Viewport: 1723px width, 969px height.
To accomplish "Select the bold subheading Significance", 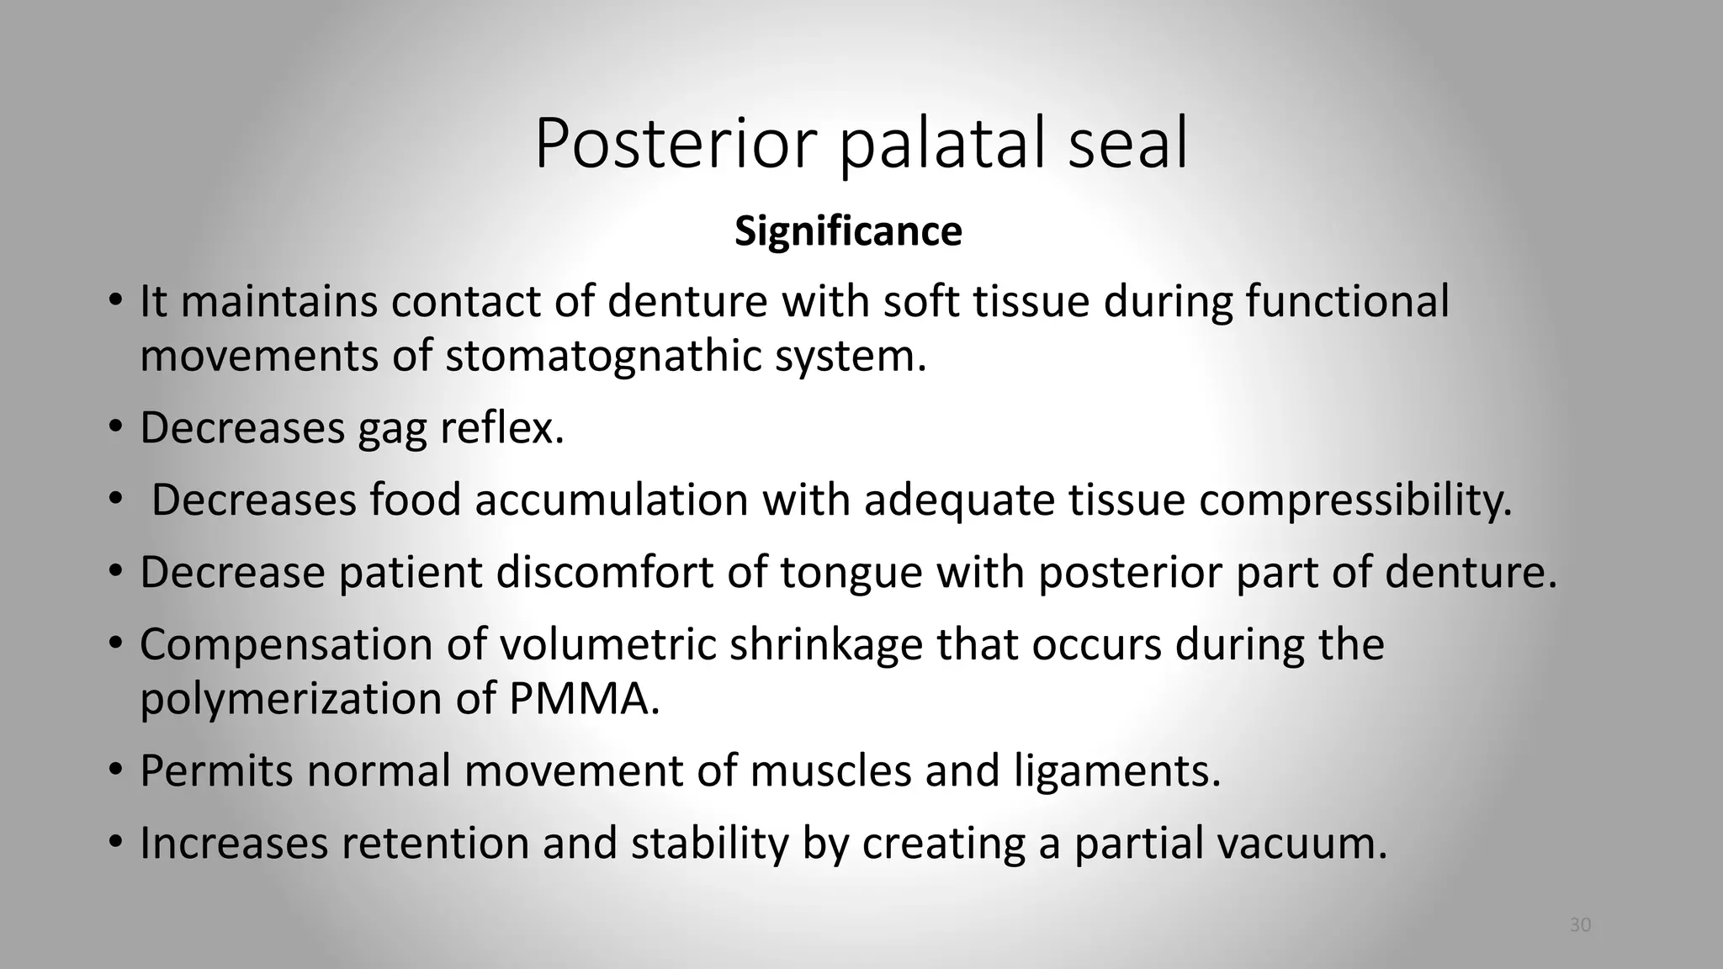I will (x=848, y=231).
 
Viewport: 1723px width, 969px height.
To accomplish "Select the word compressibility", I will (x=1355, y=500).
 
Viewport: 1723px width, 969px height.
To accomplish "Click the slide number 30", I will (x=1580, y=925).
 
